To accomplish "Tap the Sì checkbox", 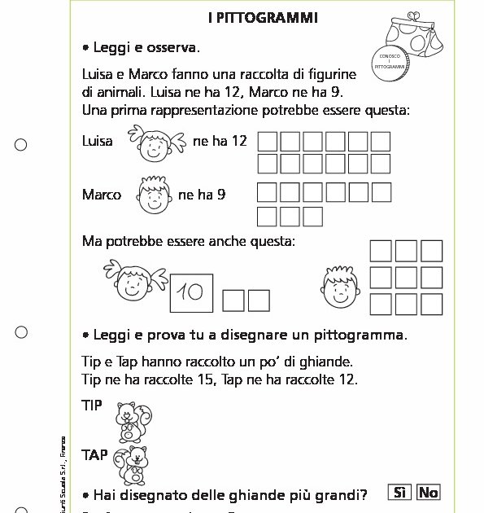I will click(x=399, y=492).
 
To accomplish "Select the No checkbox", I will click(x=428, y=492).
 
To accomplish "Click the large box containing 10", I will click(x=191, y=292).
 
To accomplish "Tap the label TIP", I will click(x=92, y=405).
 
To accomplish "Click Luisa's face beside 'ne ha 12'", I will click(x=152, y=144).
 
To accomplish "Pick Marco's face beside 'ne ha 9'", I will click(x=150, y=195).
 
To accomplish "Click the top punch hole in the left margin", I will click(x=21, y=144).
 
